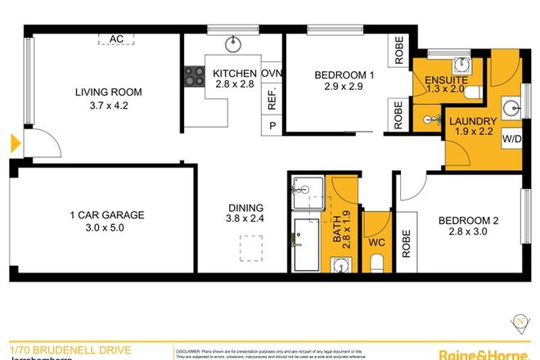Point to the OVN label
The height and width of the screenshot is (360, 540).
272,72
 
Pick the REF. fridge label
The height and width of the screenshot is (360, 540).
272,99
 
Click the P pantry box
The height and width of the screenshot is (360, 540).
272,125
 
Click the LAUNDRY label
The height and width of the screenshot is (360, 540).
473,121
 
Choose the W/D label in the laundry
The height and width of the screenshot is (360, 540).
511,140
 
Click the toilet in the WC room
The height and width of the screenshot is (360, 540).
377,263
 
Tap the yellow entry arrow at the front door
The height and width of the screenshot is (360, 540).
15,146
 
